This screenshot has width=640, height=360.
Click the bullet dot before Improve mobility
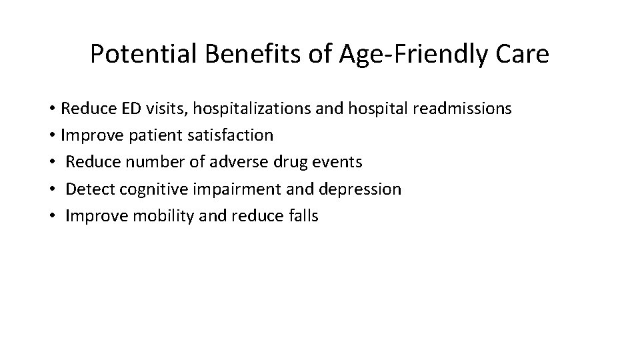point(51,216)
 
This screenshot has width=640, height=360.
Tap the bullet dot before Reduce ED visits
point(51,109)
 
